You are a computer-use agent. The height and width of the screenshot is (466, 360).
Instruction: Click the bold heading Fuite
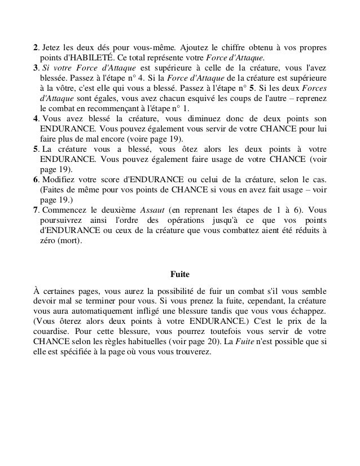180,275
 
